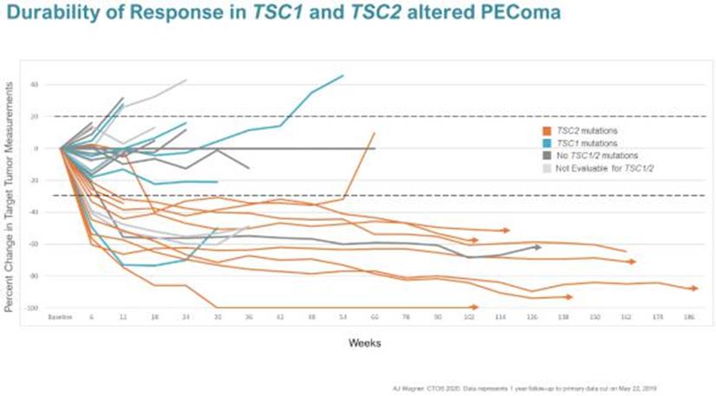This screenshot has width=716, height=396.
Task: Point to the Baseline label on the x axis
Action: (x=60, y=318)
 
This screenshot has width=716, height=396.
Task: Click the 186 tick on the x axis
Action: (x=688, y=318)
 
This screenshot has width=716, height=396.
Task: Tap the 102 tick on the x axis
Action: (x=469, y=318)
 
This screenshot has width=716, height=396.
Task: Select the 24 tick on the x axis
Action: (x=186, y=318)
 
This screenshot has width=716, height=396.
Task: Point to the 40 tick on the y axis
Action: (x=35, y=85)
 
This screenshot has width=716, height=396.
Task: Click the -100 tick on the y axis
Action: (x=33, y=308)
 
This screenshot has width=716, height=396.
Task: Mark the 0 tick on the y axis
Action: (x=37, y=148)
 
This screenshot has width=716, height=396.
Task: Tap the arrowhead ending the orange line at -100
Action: (x=475, y=307)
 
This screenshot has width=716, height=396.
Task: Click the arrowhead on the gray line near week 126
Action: (x=538, y=247)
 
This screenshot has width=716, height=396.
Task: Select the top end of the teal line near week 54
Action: (x=343, y=75)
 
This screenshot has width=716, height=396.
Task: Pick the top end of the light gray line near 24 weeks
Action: (x=186, y=80)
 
